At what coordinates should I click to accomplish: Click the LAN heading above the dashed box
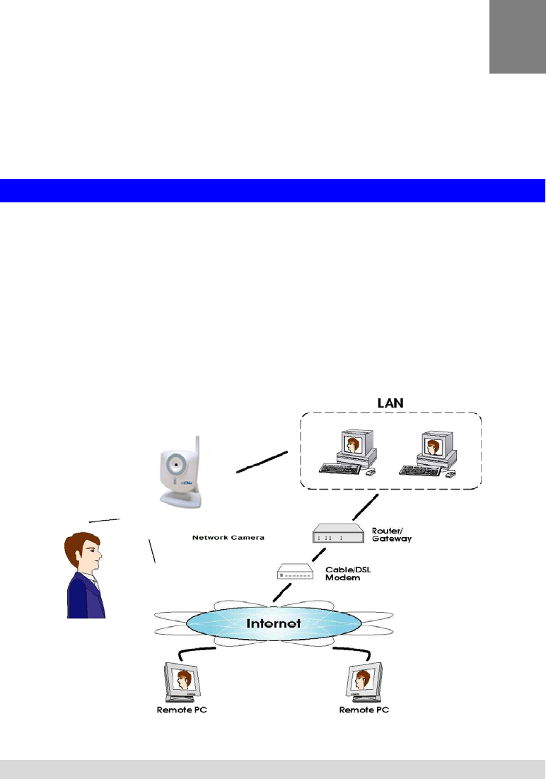390,403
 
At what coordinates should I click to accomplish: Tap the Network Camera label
228,538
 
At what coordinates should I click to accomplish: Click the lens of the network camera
175,464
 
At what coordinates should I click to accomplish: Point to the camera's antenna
197,456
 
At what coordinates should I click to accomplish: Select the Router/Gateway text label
392,535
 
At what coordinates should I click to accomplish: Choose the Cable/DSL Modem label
348,574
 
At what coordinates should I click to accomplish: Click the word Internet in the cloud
273,623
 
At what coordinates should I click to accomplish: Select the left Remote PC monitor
182,681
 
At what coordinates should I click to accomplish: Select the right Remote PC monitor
364,681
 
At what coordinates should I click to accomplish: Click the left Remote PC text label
182,710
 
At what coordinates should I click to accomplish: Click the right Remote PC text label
364,710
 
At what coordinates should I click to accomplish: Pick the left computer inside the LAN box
348,452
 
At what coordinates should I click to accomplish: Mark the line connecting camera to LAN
262,462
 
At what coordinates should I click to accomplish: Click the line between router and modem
318,555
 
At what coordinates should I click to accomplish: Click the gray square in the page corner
518,37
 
